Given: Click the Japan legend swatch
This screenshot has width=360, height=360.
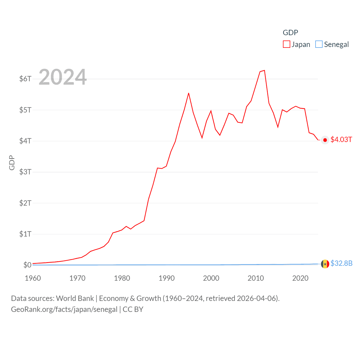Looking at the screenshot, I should (286, 44).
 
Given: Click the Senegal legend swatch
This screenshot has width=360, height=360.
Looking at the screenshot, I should (319, 44).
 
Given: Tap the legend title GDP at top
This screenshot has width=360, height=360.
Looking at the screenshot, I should (290, 33).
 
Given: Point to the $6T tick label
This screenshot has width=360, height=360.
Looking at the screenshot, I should (25, 79).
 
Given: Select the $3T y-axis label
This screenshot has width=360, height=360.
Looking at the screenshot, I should (25, 172).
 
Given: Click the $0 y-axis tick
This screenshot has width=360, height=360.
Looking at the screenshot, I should (27, 265).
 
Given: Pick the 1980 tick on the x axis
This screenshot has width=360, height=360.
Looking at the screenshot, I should (122, 278).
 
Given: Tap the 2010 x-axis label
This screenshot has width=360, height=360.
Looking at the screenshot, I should (256, 278).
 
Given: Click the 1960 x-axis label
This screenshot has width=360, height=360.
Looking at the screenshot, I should (33, 278).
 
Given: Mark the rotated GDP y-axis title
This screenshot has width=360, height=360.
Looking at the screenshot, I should (12, 163).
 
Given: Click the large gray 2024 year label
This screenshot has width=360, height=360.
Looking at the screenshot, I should (62, 77).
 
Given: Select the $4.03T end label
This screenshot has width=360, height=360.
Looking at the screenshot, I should (341, 140).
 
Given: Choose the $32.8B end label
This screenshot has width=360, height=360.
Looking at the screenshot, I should (341, 263).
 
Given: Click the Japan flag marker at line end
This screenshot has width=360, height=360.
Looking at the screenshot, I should (325, 140).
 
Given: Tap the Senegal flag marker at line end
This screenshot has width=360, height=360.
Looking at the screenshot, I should (325, 264).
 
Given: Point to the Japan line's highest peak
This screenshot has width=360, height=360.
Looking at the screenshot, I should (264, 70).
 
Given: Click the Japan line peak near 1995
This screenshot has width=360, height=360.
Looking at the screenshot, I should (188, 93).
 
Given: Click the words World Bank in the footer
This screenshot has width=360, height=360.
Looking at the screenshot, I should (75, 298).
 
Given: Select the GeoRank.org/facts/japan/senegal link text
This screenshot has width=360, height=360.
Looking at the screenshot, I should (64, 309).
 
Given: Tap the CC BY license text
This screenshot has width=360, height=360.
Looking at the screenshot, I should (133, 309).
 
